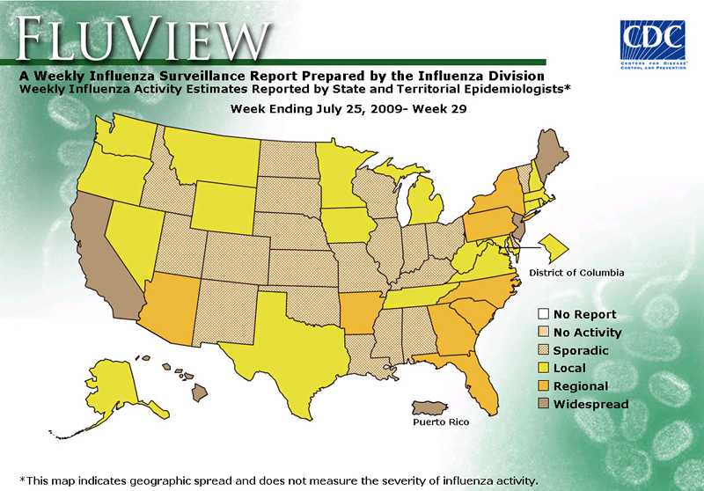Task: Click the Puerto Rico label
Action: pyautogui.click(x=441, y=422)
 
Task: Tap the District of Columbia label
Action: pyautogui.click(x=576, y=273)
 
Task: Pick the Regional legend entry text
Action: pyautogui.click(x=580, y=386)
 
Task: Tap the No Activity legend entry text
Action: pyautogui.click(x=587, y=333)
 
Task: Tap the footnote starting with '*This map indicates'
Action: pyautogui.click(x=277, y=480)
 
